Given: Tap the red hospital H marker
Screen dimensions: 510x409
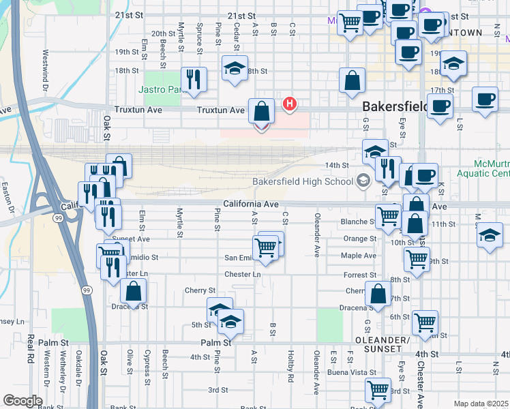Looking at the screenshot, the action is click(290, 104).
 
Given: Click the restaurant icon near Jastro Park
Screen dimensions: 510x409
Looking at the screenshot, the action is click(194, 80).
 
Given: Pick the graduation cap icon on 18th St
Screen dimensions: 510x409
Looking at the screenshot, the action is click(235, 68).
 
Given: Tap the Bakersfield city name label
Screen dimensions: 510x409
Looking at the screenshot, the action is click(395, 107).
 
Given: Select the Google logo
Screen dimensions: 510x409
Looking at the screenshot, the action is click(22, 401).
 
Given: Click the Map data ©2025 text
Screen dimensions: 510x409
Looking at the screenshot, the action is click(481, 404).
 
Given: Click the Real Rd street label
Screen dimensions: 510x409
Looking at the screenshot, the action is click(31, 348).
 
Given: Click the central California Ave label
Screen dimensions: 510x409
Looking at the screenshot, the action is click(251, 204).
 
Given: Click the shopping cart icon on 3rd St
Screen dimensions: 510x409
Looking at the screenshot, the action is click(378, 391).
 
